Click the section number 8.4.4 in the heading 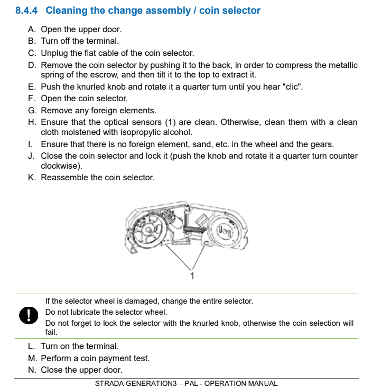click(26, 11)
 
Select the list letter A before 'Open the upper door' click(31, 29)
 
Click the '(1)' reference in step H click(170, 122)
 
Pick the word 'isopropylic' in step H click(140, 132)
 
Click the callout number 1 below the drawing click(192, 275)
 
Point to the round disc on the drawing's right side click(224, 230)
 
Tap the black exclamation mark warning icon click(29, 315)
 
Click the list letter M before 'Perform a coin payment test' click(32, 358)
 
